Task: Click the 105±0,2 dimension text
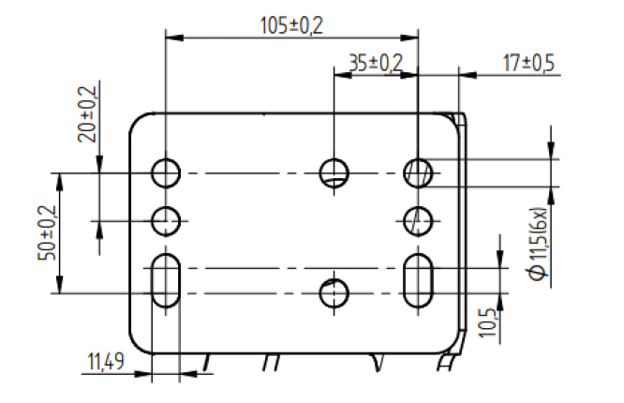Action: tap(290, 25)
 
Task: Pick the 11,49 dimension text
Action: tap(105, 361)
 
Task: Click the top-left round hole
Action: tap(167, 172)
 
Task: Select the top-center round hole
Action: tap(334, 172)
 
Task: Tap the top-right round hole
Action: tap(418, 172)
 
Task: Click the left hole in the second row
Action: tap(167, 221)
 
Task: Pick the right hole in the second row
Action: tap(418, 221)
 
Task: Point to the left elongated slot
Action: tap(167, 280)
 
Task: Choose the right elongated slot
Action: tap(418, 279)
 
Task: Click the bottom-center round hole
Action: tap(334, 294)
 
